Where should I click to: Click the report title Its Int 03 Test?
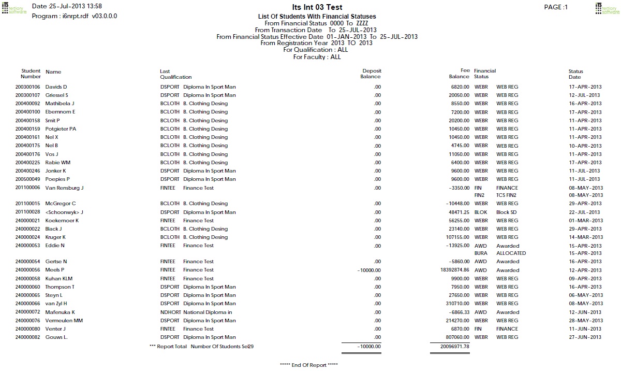click(317, 8)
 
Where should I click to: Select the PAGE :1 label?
click(556, 7)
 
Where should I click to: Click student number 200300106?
click(28, 87)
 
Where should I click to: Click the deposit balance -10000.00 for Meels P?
click(369, 270)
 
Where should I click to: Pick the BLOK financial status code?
click(481, 212)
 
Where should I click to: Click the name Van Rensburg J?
click(64, 188)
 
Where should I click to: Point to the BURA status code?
click(481, 253)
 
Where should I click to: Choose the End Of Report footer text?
click(308, 365)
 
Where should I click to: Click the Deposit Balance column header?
click(371, 74)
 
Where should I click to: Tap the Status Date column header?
click(575, 74)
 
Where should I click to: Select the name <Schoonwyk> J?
click(64, 212)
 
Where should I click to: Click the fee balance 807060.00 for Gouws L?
click(454, 337)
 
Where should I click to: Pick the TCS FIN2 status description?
click(507, 195)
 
